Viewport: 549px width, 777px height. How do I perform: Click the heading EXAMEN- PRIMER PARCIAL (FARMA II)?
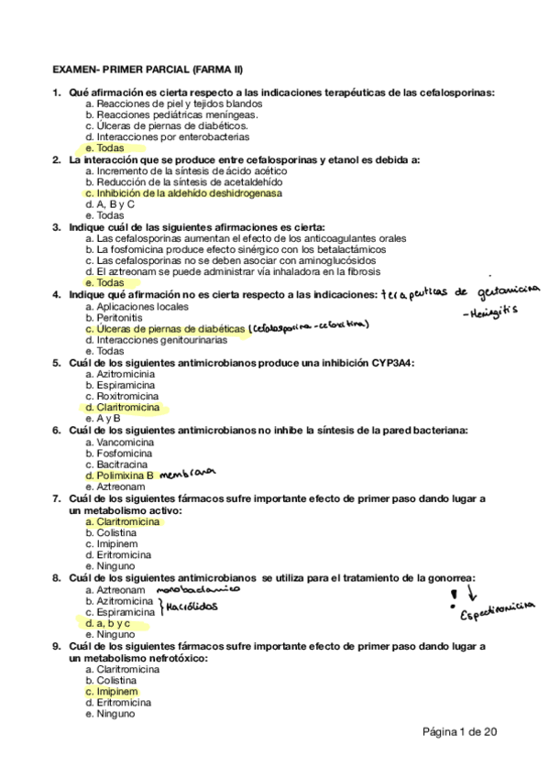[x=147, y=69]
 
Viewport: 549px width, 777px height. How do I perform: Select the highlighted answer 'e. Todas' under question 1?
[x=104, y=148]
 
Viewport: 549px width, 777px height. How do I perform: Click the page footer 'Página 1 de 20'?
[x=459, y=731]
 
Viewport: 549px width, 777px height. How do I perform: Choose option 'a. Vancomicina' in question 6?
[x=119, y=442]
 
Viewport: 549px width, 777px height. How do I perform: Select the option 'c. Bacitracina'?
[x=116, y=464]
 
